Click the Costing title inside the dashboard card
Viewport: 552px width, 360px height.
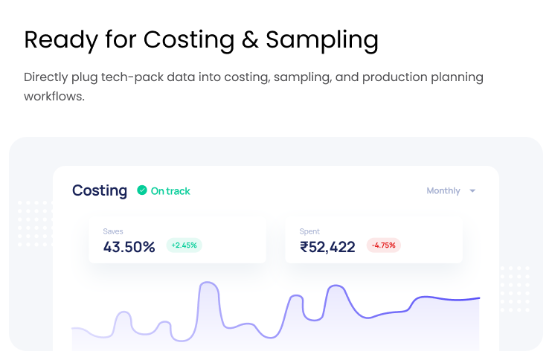pyautogui.click(x=100, y=191)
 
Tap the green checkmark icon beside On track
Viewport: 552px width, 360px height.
pyautogui.click(x=142, y=190)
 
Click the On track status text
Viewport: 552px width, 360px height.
pyautogui.click(x=170, y=191)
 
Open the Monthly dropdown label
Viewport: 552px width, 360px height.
pyautogui.click(x=443, y=191)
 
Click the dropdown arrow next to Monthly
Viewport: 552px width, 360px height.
pyautogui.click(x=472, y=191)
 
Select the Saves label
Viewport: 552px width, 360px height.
pyautogui.click(x=113, y=231)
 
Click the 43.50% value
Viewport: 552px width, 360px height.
pyautogui.click(x=129, y=247)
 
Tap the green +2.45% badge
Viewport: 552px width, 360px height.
pyautogui.click(x=184, y=245)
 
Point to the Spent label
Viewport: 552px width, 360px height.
pyautogui.click(x=309, y=231)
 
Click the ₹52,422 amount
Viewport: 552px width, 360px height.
pyautogui.click(x=327, y=247)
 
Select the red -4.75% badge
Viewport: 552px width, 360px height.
pyautogui.click(x=384, y=245)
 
